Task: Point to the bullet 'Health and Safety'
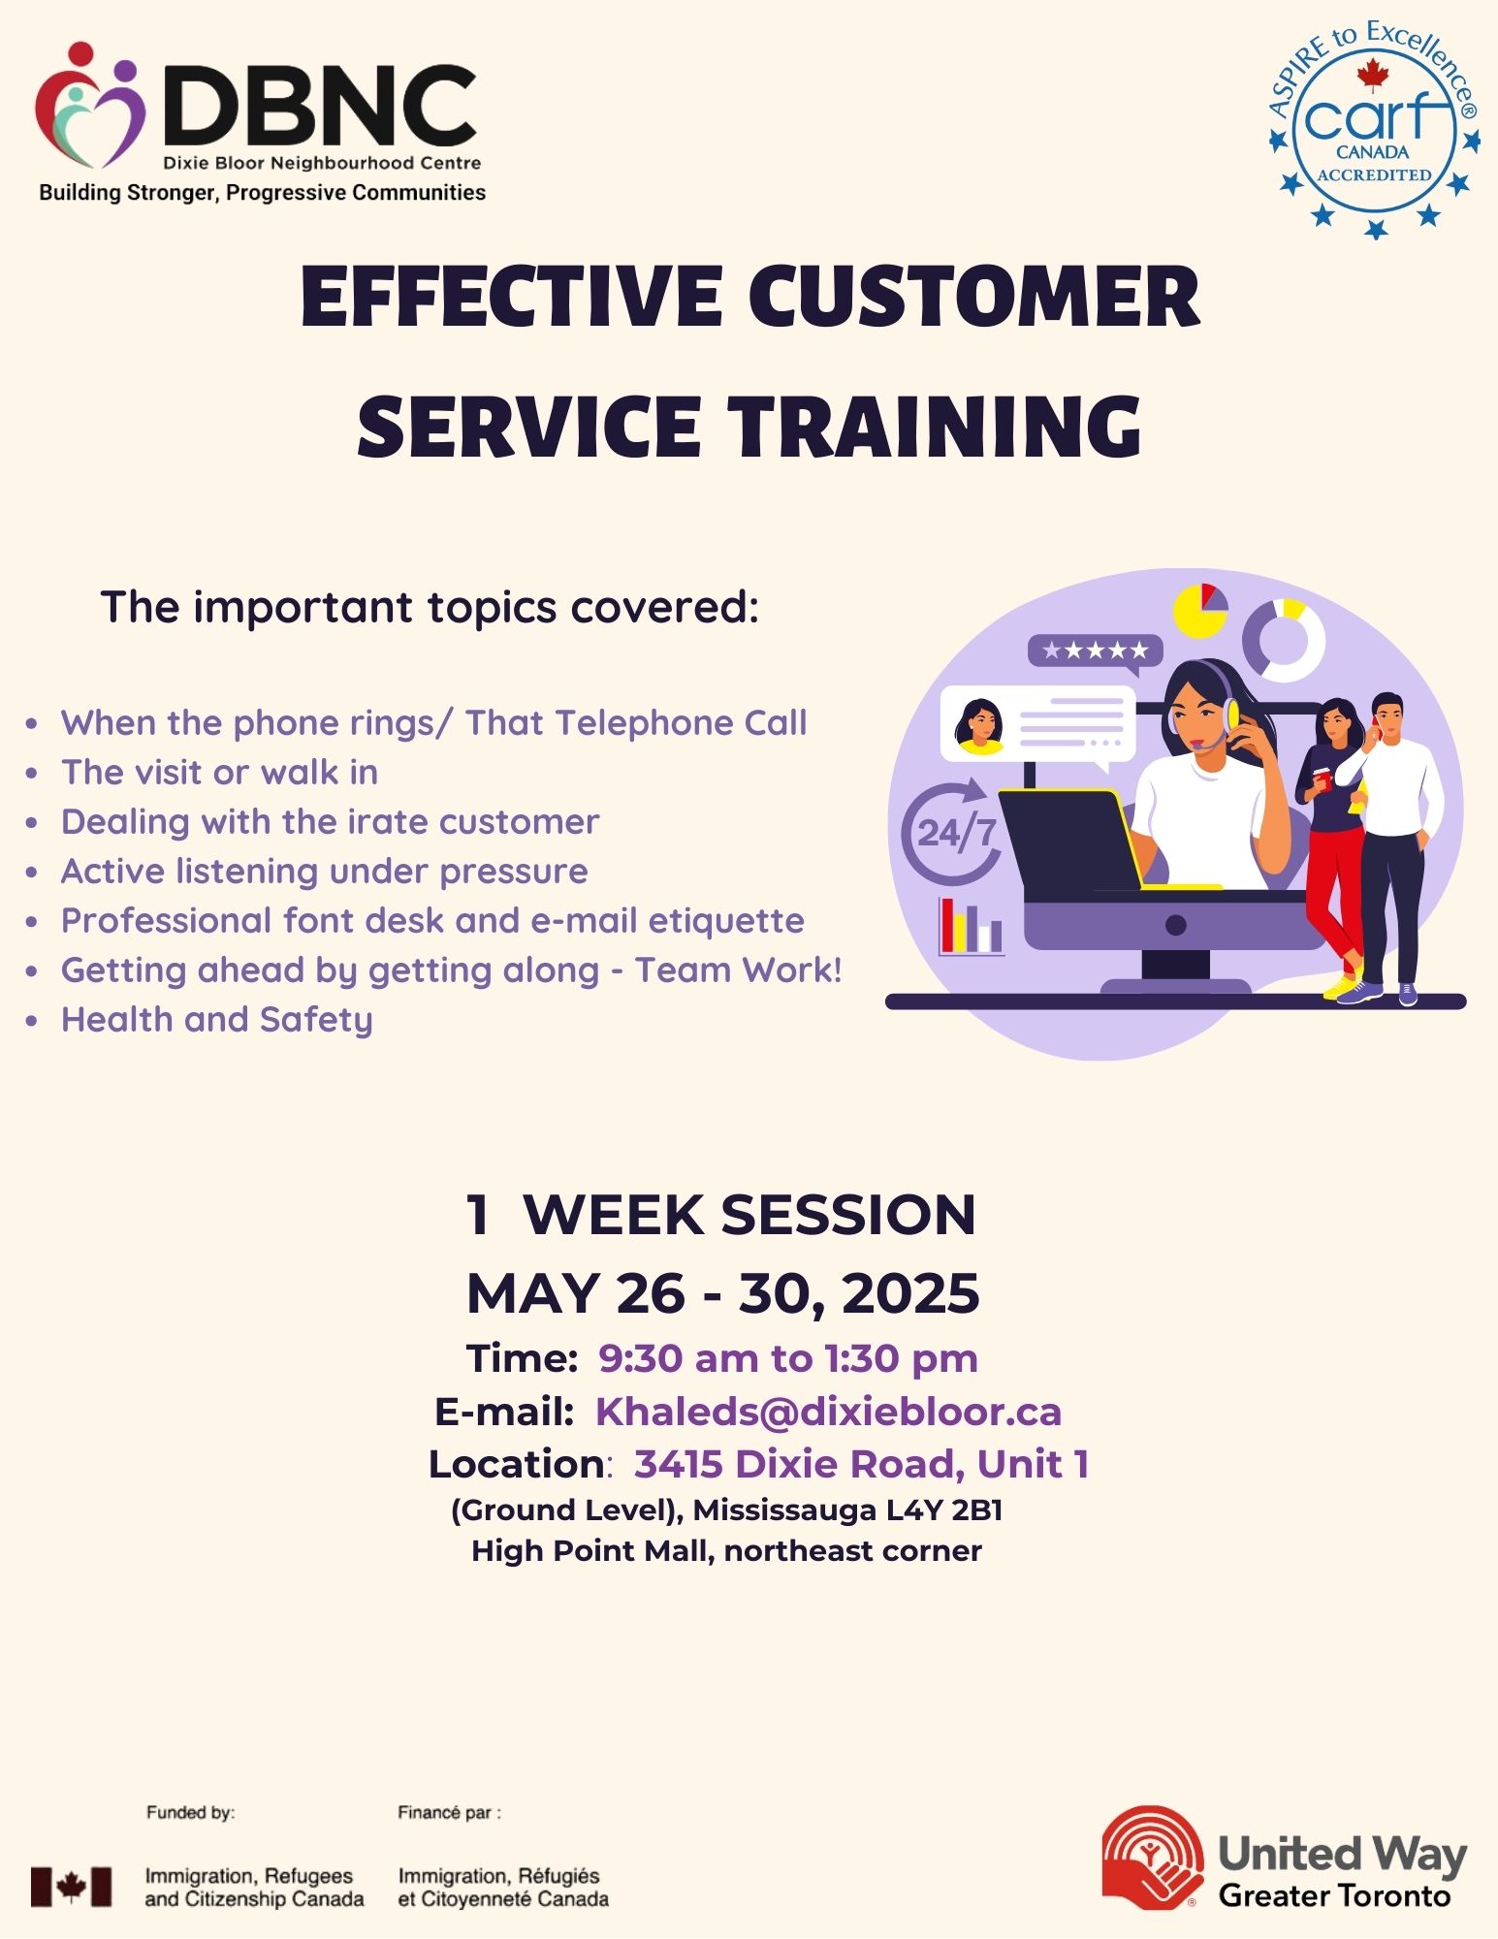[x=216, y=1020]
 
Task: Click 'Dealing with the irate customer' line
[x=330, y=821]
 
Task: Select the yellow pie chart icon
[x=1200, y=611]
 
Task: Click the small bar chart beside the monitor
[x=971, y=927]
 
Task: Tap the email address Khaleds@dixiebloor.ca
[x=828, y=1412]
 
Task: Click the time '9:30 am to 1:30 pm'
[x=787, y=1358]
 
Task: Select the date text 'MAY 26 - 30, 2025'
[x=723, y=1293]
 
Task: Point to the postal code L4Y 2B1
[x=944, y=1510]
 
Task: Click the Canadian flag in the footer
[x=71, y=1887]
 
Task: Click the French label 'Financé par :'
[x=450, y=1812]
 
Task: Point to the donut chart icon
[x=1284, y=641]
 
